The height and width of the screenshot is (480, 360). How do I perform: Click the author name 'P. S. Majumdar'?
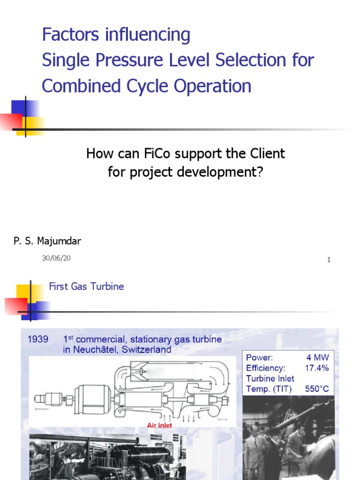click(47, 241)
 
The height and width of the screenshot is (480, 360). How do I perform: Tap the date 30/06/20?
click(57, 258)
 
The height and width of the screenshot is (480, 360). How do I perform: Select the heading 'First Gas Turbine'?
click(86, 286)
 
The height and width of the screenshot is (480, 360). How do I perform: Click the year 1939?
click(38, 339)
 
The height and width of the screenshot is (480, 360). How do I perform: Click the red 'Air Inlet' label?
click(159, 426)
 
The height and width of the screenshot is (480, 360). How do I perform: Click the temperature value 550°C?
click(317, 389)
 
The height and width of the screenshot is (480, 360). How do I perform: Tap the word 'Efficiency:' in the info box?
click(265, 368)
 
